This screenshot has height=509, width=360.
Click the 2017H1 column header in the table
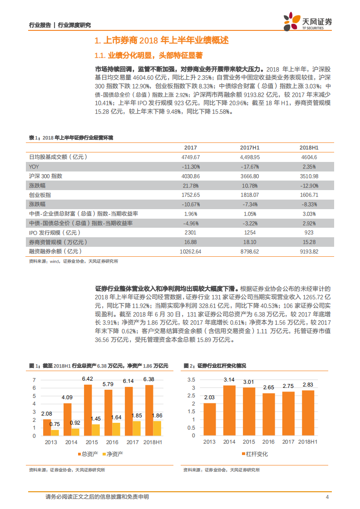coord(249,148)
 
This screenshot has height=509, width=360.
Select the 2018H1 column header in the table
coord(309,148)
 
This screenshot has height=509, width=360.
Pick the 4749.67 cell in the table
coord(191,157)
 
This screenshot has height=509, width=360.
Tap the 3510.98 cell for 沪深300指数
coord(309,176)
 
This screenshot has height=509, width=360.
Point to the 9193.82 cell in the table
coord(309,251)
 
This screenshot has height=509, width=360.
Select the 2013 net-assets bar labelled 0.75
coord(55,433)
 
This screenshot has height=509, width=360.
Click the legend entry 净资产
coord(114,454)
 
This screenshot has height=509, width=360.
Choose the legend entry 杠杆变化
coord(257,454)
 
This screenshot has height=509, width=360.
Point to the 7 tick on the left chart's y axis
coord(34,380)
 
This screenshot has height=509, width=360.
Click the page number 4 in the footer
coord(327,497)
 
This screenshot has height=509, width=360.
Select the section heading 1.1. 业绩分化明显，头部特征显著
coord(148,55)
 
